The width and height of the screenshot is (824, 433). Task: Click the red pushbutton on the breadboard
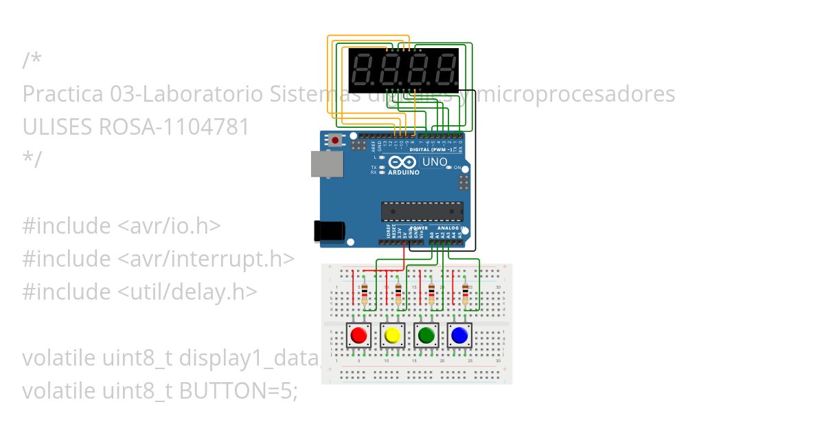[358, 335]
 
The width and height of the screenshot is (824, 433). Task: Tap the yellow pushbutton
[392, 335]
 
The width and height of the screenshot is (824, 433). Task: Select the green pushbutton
[426, 335]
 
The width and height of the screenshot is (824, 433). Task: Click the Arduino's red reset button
[335, 140]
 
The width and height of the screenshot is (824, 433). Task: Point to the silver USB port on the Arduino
[326, 164]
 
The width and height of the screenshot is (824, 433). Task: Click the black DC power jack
[328, 231]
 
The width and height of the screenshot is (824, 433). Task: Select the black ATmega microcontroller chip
[422, 212]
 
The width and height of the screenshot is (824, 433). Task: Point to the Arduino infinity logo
[402, 162]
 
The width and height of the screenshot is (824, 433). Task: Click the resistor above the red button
[364, 293]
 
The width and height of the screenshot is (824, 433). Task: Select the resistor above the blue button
[466, 293]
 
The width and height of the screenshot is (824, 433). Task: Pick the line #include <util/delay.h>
[139, 292]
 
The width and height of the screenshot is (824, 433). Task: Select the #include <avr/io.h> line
[122, 226]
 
